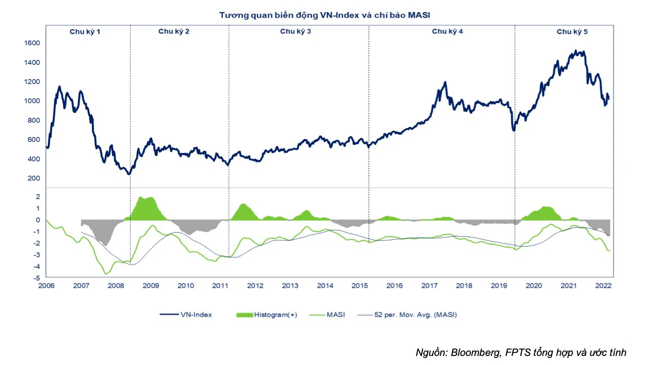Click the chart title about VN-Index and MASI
pos(324,15)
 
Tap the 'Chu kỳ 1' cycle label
pos(85,32)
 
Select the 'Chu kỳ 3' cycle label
pos(296,32)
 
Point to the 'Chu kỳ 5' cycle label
pos(572,32)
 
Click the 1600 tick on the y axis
pos(32,43)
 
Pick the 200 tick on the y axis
pos(33,178)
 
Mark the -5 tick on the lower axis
pos(36,278)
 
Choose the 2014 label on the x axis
pos(325,286)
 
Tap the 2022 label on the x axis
pos(603,286)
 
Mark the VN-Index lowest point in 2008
pos(129,174)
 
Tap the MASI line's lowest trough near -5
pos(106,273)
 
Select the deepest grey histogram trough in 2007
pos(106,245)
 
